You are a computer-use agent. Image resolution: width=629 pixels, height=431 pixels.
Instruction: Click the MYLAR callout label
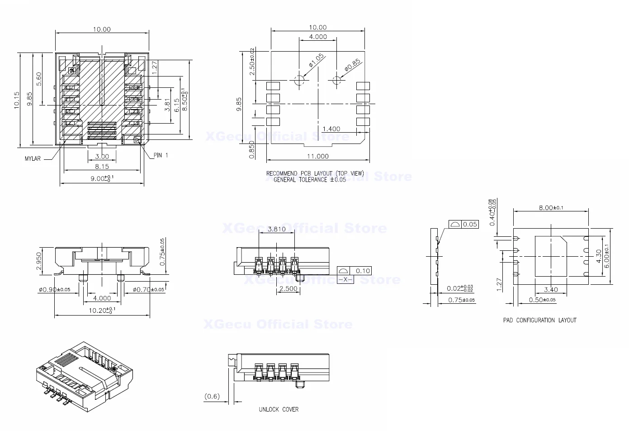click(33, 159)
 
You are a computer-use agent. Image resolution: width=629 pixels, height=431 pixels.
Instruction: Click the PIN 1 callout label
click(161, 155)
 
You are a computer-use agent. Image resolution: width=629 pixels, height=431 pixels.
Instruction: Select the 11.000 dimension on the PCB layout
click(318, 156)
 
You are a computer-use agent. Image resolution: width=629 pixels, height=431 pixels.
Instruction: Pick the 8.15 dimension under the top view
click(102, 167)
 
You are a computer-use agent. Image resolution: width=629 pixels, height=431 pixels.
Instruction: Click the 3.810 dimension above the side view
click(276, 229)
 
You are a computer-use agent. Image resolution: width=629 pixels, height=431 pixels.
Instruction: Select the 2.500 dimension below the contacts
click(288, 288)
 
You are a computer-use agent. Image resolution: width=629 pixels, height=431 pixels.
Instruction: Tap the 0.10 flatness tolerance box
click(363, 271)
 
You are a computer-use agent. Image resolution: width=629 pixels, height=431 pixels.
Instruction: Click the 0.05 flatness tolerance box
click(470, 224)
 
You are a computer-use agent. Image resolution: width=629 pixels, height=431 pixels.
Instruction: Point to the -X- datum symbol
click(346, 280)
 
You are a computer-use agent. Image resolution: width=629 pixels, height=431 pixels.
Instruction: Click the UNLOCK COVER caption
click(279, 409)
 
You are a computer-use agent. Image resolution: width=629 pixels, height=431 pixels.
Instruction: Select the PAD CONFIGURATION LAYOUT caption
click(539, 320)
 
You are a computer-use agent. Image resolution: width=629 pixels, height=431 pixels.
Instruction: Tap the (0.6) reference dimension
click(212, 396)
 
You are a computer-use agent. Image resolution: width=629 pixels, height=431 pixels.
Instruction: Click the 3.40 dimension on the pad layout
click(550, 289)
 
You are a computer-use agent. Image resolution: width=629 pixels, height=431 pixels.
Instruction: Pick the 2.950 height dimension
click(39, 261)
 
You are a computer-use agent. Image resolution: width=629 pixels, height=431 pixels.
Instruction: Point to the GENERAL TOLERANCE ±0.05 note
click(310, 180)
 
